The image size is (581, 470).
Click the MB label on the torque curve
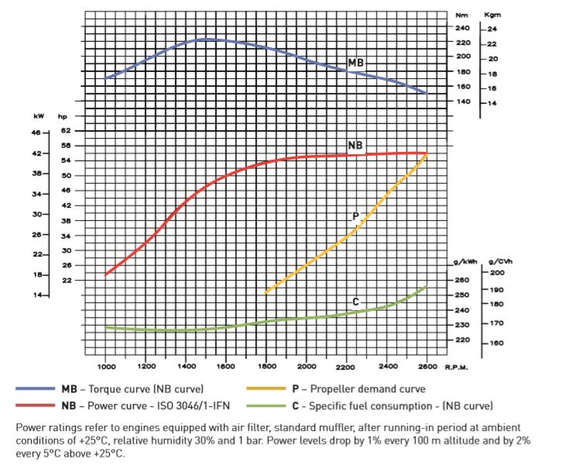tap(356, 63)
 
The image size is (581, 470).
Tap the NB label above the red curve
tap(356, 146)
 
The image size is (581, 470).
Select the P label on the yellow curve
tap(356, 216)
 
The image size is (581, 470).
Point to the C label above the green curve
tap(356, 301)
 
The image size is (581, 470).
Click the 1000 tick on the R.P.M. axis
tap(106, 366)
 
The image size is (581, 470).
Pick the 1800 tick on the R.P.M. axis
tap(266, 366)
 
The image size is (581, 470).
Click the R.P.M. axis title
tap(455, 366)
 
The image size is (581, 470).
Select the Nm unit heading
tap(462, 15)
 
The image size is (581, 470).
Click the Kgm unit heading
tap(493, 15)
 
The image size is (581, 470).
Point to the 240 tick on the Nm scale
tap(462, 28)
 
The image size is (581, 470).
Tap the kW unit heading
tap(39, 116)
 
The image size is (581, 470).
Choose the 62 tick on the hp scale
tap(66, 131)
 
